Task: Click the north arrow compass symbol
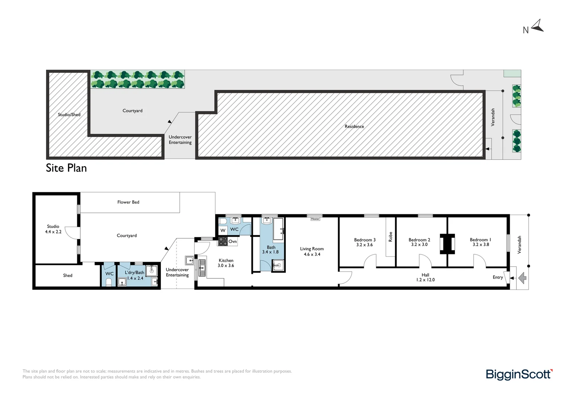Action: pos(537,26)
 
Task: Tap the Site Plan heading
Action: pos(66,168)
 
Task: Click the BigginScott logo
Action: pos(519,374)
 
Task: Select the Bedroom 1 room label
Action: pos(480,240)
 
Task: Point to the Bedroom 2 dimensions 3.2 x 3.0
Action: pos(419,245)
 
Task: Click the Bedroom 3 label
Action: pos(364,240)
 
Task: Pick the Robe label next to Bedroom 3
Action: pos(390,237)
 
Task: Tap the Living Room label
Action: pos(312,249)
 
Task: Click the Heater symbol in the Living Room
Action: pos(315,219)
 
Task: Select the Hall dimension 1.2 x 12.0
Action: pos(425,280)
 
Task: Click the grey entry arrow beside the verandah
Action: pos(522,278)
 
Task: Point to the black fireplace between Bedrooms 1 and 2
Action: pos(447,244)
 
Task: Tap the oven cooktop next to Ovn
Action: pos(223,242)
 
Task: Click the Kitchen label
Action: pos(226,260)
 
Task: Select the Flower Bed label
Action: pos(128,202)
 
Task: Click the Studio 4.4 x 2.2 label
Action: pos(53,229)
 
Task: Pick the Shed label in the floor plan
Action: pos(68,275)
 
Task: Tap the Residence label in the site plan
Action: pos(354,126)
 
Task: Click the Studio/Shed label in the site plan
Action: pos(69,115)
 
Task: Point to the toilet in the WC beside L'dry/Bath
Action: pos(109,282)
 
